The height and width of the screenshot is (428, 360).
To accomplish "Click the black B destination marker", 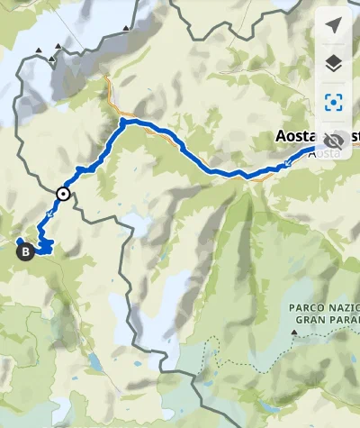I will click(25, 252).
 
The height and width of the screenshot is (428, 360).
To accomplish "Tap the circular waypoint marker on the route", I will click(63, 193).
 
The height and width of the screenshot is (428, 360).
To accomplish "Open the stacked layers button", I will click(335, 62).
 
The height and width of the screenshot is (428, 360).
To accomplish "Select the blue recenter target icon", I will click(335, 101).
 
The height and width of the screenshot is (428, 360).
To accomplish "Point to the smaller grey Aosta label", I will click(325, 154).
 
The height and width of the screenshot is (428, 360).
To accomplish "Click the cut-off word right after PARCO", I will click(346, 308).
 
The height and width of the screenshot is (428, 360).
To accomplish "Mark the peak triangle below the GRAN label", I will click(294, 333).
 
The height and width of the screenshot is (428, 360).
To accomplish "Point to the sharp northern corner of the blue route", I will click(122, 120).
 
